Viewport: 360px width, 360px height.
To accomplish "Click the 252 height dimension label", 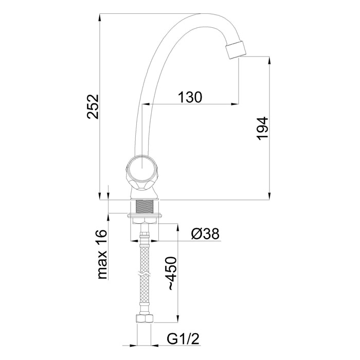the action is coord(93,106).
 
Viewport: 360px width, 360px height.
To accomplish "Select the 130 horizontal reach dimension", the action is coord(190,97).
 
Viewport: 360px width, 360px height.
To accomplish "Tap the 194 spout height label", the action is coord(262,129).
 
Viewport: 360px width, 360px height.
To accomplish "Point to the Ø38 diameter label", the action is coord(205,233).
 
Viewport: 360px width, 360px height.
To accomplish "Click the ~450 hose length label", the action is coord(172,274).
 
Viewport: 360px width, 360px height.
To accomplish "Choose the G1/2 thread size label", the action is coord(183,338).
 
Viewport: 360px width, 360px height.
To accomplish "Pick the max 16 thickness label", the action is coord(102,254).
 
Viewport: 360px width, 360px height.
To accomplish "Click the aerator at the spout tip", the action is coord(236,49).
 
